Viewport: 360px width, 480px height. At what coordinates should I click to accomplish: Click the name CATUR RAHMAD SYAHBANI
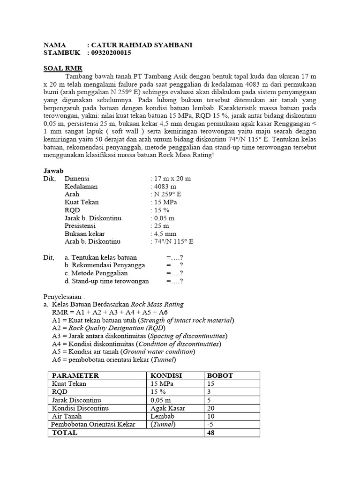pos(141,45)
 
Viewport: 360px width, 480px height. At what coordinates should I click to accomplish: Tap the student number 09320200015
pos(111,53)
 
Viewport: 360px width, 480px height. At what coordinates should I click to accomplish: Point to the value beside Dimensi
pos(172,179)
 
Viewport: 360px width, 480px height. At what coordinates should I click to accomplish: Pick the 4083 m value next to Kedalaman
pos(164,187)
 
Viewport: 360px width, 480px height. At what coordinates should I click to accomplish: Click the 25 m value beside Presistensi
pos(161,225)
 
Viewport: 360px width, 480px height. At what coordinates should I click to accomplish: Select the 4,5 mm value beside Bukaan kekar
pos(165,233)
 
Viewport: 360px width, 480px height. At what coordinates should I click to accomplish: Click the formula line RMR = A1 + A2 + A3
pos(110,312)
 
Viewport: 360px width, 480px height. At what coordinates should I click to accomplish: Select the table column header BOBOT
pos(220,375)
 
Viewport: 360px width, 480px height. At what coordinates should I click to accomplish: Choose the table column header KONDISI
pos(166,375)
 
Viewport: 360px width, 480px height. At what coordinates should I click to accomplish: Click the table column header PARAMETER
pos(75,375)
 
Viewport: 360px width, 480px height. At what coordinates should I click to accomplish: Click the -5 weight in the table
pos(210,424)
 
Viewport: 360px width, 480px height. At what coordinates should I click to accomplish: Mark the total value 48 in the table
pos(211,433)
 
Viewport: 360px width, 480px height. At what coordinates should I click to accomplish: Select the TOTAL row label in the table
pos(65,433)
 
